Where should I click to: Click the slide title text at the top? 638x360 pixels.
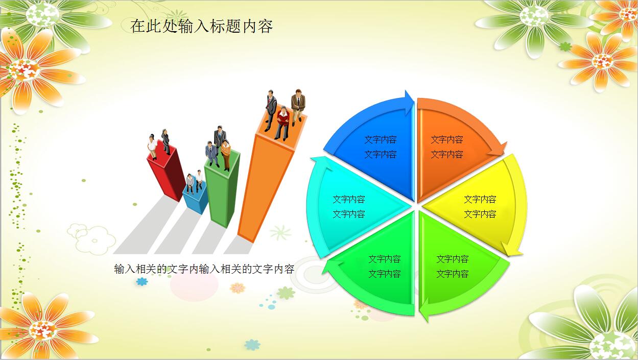201,26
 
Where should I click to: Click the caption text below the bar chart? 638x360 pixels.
204,269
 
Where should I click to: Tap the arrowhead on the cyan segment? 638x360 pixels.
320,163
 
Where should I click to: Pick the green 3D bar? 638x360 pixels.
223,188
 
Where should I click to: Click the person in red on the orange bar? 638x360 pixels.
282,123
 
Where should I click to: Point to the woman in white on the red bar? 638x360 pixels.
152,147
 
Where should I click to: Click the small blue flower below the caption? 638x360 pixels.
142,282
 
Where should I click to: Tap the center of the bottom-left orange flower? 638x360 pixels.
43,330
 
